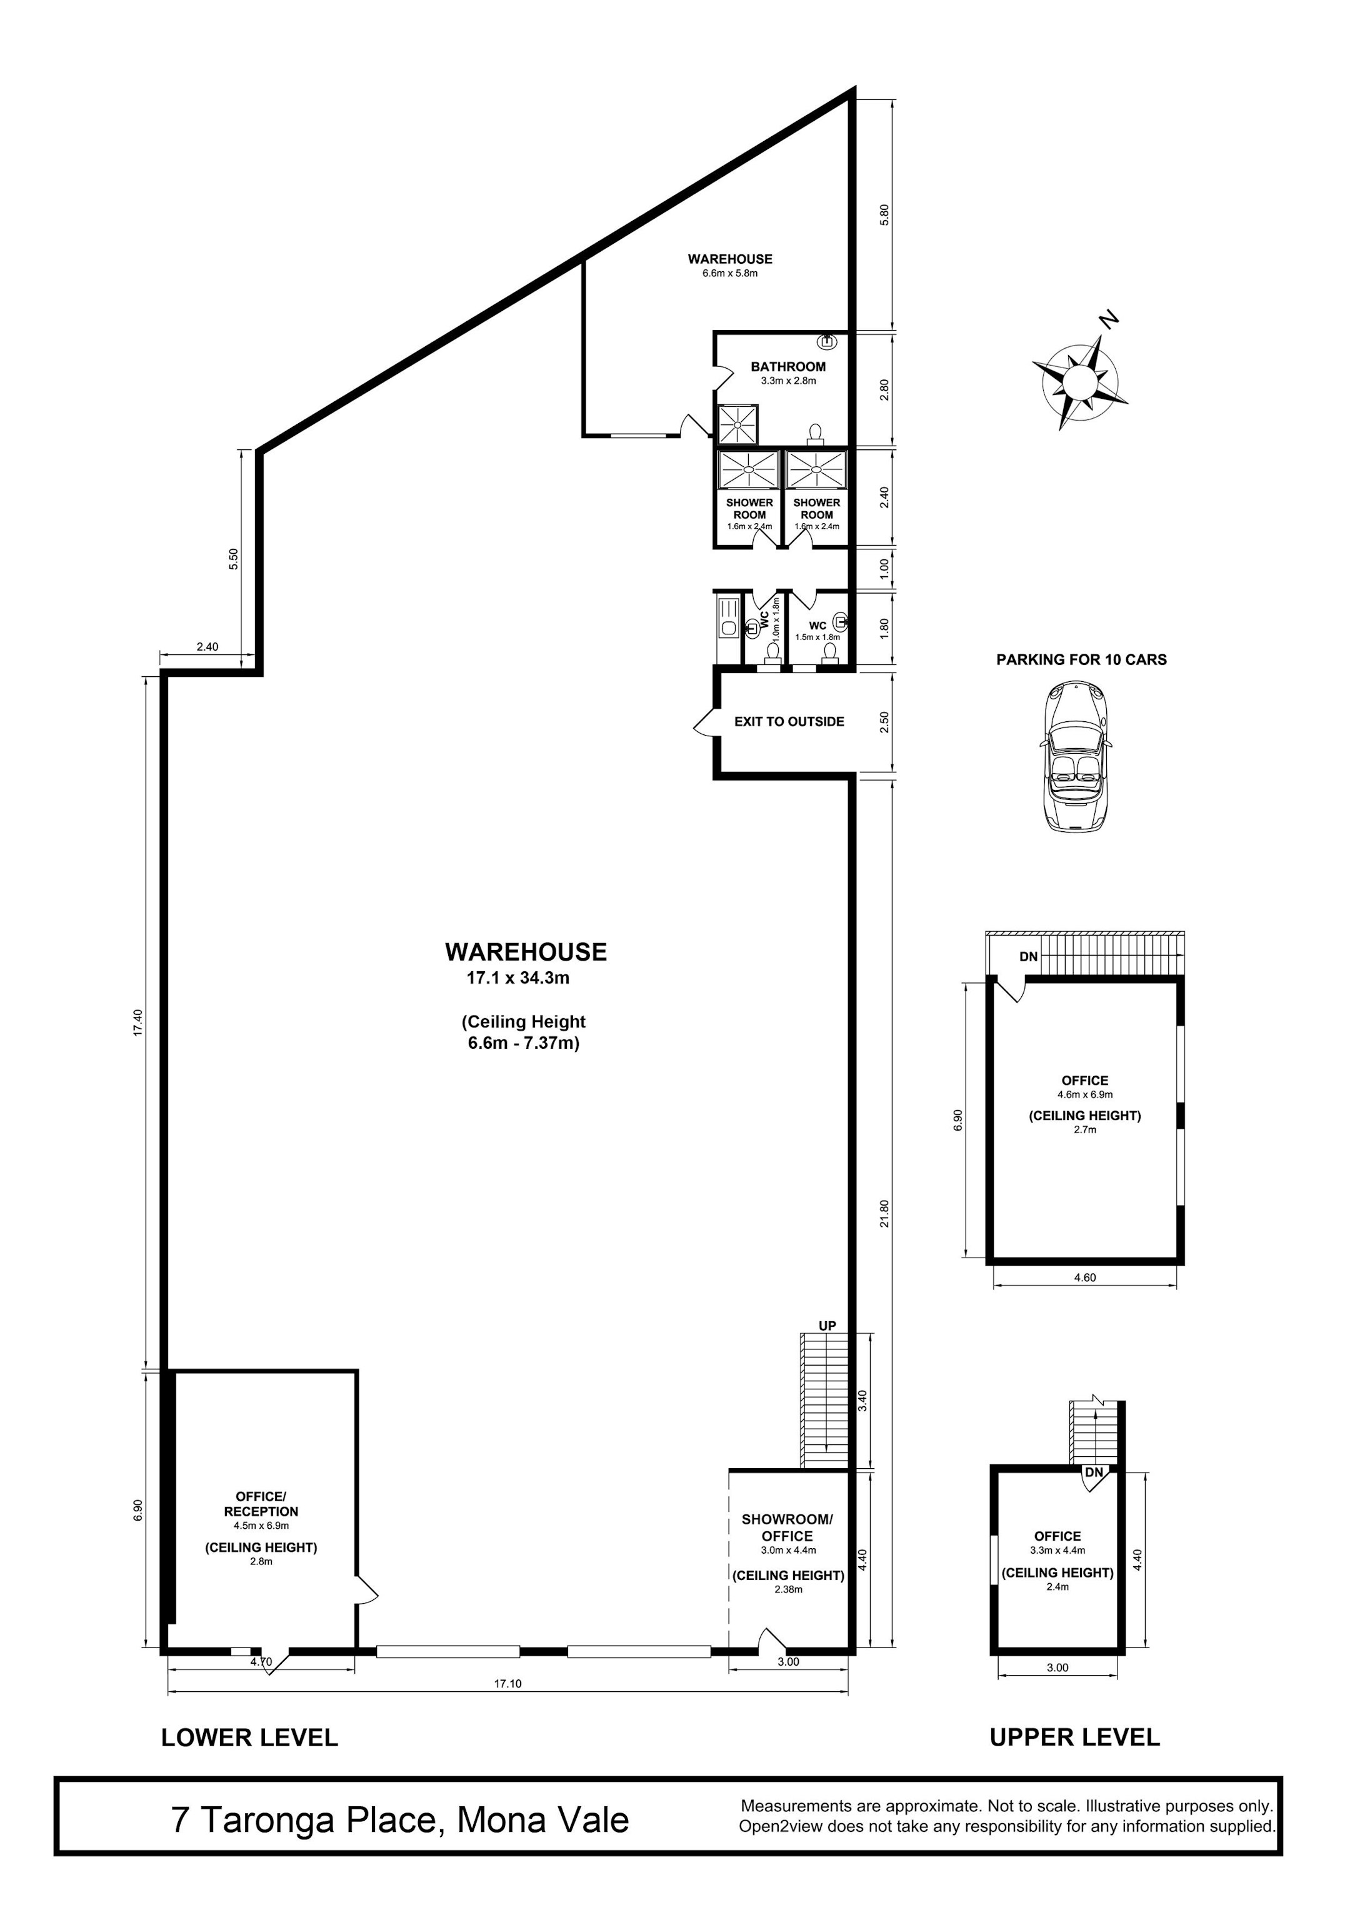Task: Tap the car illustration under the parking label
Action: click(1077, 756)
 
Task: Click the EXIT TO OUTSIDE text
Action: click(789, 721)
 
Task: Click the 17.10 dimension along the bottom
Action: click(507, 1684)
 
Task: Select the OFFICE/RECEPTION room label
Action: click(261, 1504)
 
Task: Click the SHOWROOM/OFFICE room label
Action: click(787, 1527)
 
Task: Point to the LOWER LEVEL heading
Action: click(249, 1737)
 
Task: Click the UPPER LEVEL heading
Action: click(1074, 1737)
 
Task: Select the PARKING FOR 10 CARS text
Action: click(1081, 659)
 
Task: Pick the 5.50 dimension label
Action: click(234, 558)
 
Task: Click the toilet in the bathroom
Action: click(815, 434)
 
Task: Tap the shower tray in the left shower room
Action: click(747, 470)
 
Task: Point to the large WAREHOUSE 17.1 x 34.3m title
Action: click(526, 963)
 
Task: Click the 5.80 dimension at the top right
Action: click(884, 214)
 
